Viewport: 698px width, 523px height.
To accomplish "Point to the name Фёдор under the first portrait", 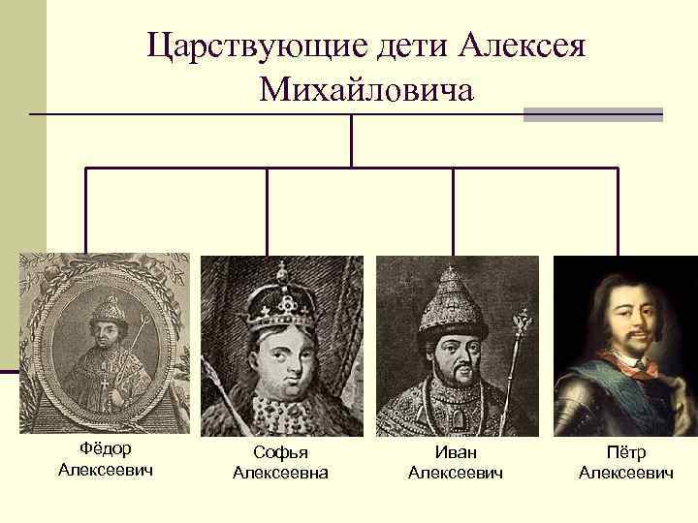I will [x=106, y=449].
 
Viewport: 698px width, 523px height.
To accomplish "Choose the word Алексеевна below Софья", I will [x=281, y=473].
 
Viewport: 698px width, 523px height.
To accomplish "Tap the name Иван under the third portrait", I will [x=457, y=452].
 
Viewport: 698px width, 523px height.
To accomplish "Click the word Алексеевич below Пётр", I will [x=625, y=473].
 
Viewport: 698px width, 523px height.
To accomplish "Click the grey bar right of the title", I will [x=592, y=115].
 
